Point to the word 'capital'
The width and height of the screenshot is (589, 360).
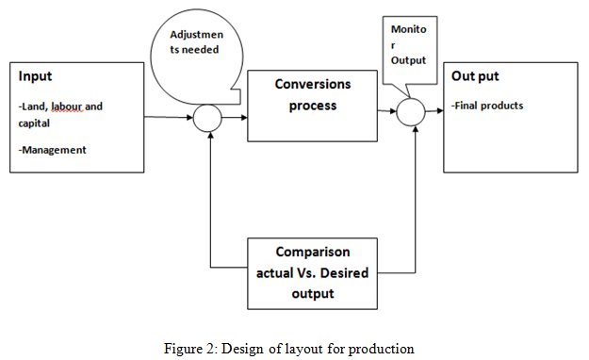tap(34, 123)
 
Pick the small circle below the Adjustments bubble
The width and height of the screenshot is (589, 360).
tap(207, 118)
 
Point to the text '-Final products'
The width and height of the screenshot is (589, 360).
tap(488, 106)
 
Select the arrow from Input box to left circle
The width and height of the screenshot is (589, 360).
tap(170, 117)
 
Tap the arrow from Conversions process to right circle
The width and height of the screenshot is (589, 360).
tap(386, 113)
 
